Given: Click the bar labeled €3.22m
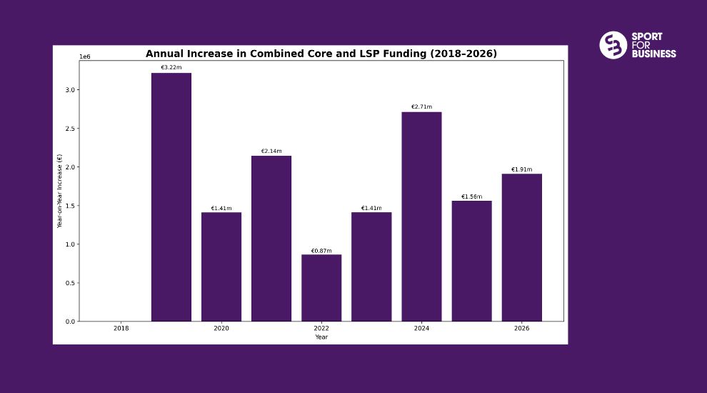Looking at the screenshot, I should pyautogui.click(x=171, y=196).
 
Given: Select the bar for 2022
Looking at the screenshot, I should pyautogui.click(x=321, y=287).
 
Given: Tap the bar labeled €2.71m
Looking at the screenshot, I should pyautogui.click(x=421, y=217).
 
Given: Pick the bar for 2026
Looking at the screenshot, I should pyautogui.click(x=521, y=247).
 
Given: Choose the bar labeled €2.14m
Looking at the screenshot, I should pyautogui.click(x=271, y=238).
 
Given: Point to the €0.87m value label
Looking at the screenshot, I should pyautogui.click(x=321, y=251).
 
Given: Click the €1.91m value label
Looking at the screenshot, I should pyautogui.click(x=521, y=169).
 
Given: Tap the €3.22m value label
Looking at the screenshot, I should pyautogui.click(x=171, y=67).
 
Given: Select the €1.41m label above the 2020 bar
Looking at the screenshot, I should pyautogui.click(x=221, y=209).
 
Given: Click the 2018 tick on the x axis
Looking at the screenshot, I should pyautogui.click(x=121, y=328).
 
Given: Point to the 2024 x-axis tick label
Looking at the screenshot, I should pyautogui.click(x=421, y=328).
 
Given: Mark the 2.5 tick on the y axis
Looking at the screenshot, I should pyautogui.click(x=71, y=129).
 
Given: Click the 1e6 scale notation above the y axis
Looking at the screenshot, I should pyautogui.click(x=84, y=56).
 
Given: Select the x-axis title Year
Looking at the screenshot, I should pyautogui.click(x=321, y=337).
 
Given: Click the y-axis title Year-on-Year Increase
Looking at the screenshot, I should pyautogui.click(x=60, y=191).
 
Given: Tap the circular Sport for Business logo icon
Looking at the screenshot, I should pyautogui.click(x=613, y=45).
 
